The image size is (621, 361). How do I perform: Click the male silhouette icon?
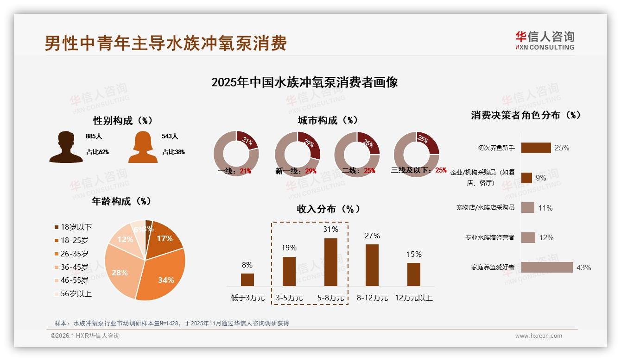click(66, 147)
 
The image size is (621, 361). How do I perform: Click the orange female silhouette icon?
click(143, 147)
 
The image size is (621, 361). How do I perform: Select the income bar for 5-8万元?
click(330, 262)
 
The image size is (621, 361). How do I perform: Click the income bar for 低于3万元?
click(247, 280)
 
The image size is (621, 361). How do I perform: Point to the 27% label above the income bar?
click(372, 236)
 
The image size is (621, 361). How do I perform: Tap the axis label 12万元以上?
click(413, 298)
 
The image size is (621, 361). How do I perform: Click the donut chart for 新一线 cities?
click(297, 154)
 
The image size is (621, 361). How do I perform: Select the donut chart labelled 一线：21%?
click(236, 154)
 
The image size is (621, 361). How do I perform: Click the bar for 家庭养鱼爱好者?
click(547, 267)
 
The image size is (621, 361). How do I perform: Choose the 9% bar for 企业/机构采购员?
click(526, 178)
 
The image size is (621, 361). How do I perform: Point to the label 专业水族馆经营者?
click(490, 237)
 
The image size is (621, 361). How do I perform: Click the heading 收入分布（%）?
click(328, 209)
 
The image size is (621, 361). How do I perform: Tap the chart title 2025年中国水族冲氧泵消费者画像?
click(304, 82)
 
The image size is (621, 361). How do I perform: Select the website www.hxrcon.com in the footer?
click(539, 336)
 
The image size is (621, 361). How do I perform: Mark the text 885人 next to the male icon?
click(93, 137)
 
